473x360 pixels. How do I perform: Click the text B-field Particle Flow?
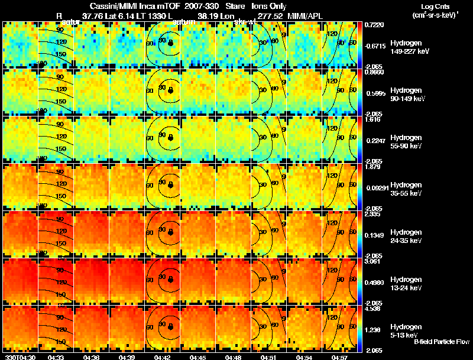click(x=441, y=342)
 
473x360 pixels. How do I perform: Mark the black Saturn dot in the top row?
click(x=170, y=43)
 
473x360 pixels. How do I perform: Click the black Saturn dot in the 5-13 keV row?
click(x=170, y=326)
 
